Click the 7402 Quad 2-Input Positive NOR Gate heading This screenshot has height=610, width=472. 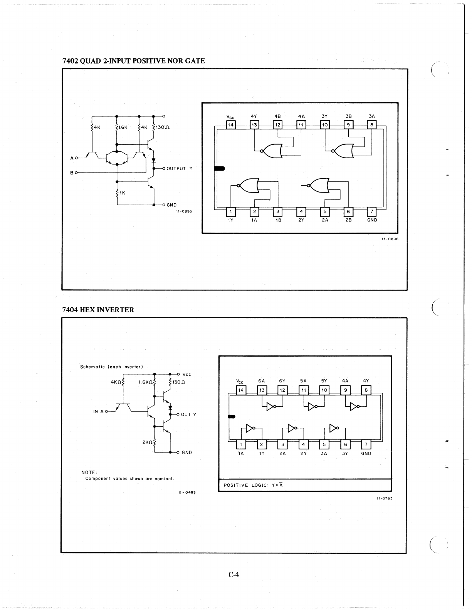(133, 61)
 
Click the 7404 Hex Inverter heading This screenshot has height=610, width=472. (98, 310)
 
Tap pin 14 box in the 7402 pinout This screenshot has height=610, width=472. (230, 125)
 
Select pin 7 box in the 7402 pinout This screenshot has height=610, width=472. (372, 211)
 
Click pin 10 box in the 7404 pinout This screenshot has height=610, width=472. (324, 390)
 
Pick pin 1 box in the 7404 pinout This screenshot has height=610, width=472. (241, 444)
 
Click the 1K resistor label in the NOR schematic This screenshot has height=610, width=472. (123, 193)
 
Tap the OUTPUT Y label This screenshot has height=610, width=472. (179, 169)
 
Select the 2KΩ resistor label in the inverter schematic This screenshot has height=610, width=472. (148, 442)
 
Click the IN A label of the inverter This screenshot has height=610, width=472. (98, 411)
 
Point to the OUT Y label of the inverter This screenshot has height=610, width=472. (188, 414)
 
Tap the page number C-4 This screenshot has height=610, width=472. (234, 575)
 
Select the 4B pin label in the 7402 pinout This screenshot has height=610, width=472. (277, 116)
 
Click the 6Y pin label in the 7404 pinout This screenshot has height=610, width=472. (282, 381)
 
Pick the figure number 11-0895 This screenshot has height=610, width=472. (184, 211)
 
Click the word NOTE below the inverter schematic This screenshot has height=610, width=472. (89, 473)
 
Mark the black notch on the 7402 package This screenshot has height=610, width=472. (220, 168)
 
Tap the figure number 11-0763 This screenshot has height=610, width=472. (384, 498)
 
